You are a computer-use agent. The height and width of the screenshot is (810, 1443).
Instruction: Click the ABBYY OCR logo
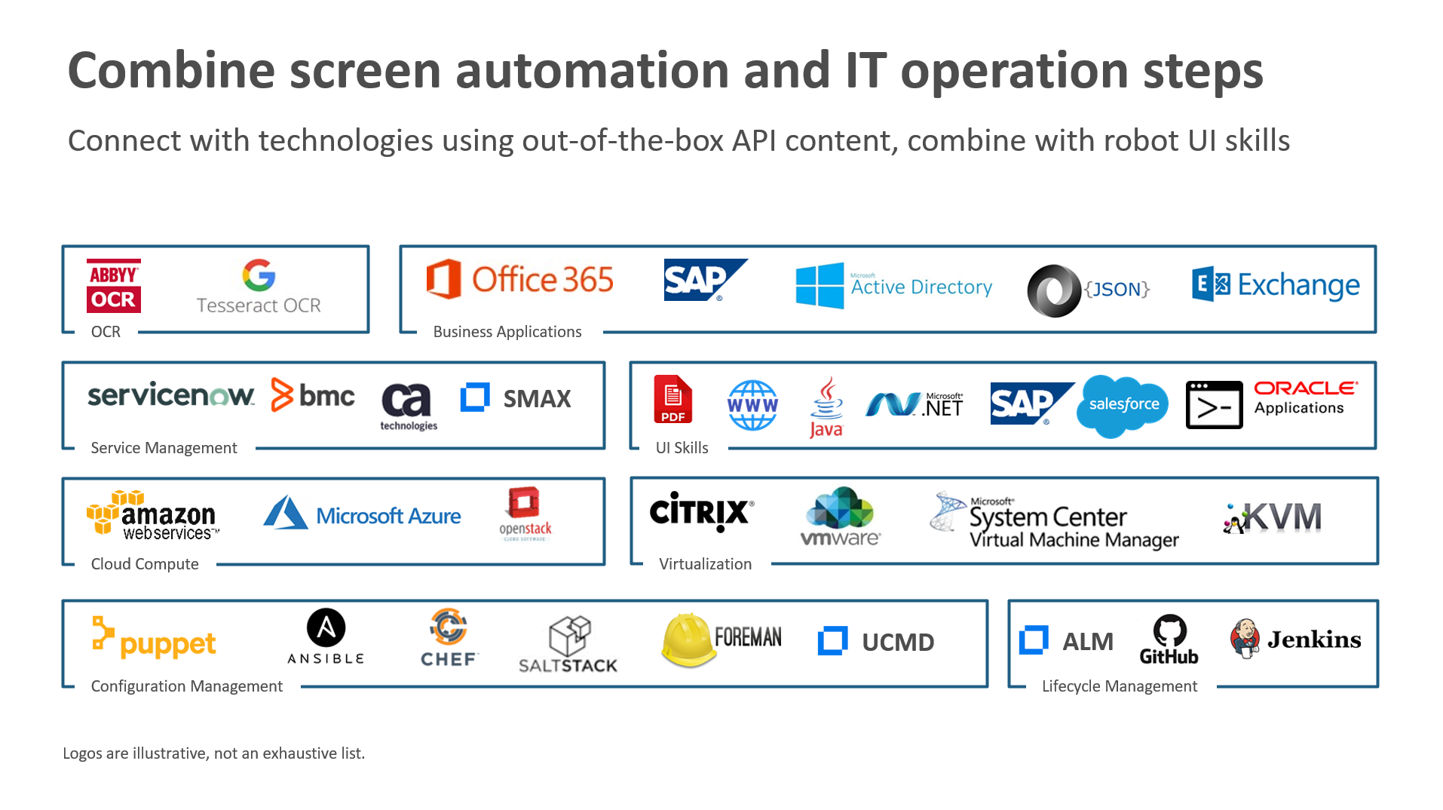pos(113,287)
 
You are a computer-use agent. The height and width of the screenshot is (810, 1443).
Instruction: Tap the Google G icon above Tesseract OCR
pos(259,275)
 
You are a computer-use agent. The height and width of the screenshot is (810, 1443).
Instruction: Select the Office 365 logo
pos(519,280)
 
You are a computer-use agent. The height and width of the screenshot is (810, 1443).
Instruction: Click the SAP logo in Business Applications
pos(704,281)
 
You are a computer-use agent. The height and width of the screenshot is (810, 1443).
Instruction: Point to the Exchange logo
pos(1275,285)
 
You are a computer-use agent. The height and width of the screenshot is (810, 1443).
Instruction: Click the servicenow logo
pos(171,395)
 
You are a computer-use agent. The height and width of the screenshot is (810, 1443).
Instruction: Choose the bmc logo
pos(312,395)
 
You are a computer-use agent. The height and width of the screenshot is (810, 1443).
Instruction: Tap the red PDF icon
pos(672,400)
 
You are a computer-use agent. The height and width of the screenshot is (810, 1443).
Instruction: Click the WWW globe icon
pos(752,406)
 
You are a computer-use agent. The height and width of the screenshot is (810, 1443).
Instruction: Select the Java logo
pos(826,407)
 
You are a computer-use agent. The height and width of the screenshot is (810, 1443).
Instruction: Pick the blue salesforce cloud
pos(1123,405)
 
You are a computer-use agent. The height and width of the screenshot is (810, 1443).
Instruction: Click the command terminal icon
pos(1213,406)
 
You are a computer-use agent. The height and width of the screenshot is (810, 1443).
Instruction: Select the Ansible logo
pos(326,637)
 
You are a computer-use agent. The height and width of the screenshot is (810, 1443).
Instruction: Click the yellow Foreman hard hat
pos(688,640)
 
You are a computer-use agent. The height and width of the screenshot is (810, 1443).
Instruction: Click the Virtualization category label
pos(705,564)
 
